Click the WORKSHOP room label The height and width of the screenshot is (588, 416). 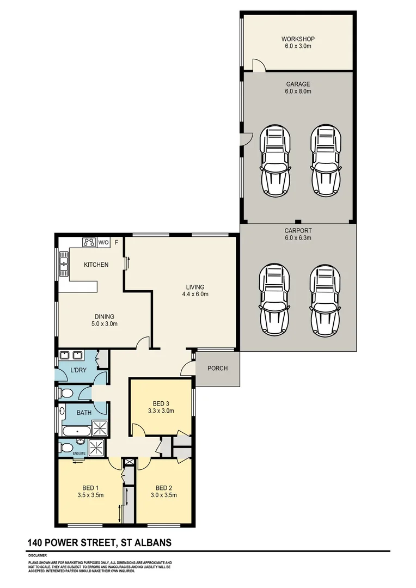pos(298,39)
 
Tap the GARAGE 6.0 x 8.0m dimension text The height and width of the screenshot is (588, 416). pos(298,91)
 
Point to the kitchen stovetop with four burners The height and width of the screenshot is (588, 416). pos(89,242)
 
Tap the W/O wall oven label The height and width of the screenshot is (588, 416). pos(103,242)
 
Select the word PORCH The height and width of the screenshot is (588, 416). pos(217,369)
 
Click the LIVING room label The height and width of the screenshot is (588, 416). pos(195,287)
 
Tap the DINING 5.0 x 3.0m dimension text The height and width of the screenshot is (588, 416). pos(104,324)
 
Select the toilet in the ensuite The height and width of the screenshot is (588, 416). pos(66,448)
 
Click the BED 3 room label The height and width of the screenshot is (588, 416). pos(161,403)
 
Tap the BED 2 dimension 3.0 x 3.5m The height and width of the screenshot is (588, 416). pos(164,495)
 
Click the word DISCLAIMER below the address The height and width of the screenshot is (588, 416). pos(38,555)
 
